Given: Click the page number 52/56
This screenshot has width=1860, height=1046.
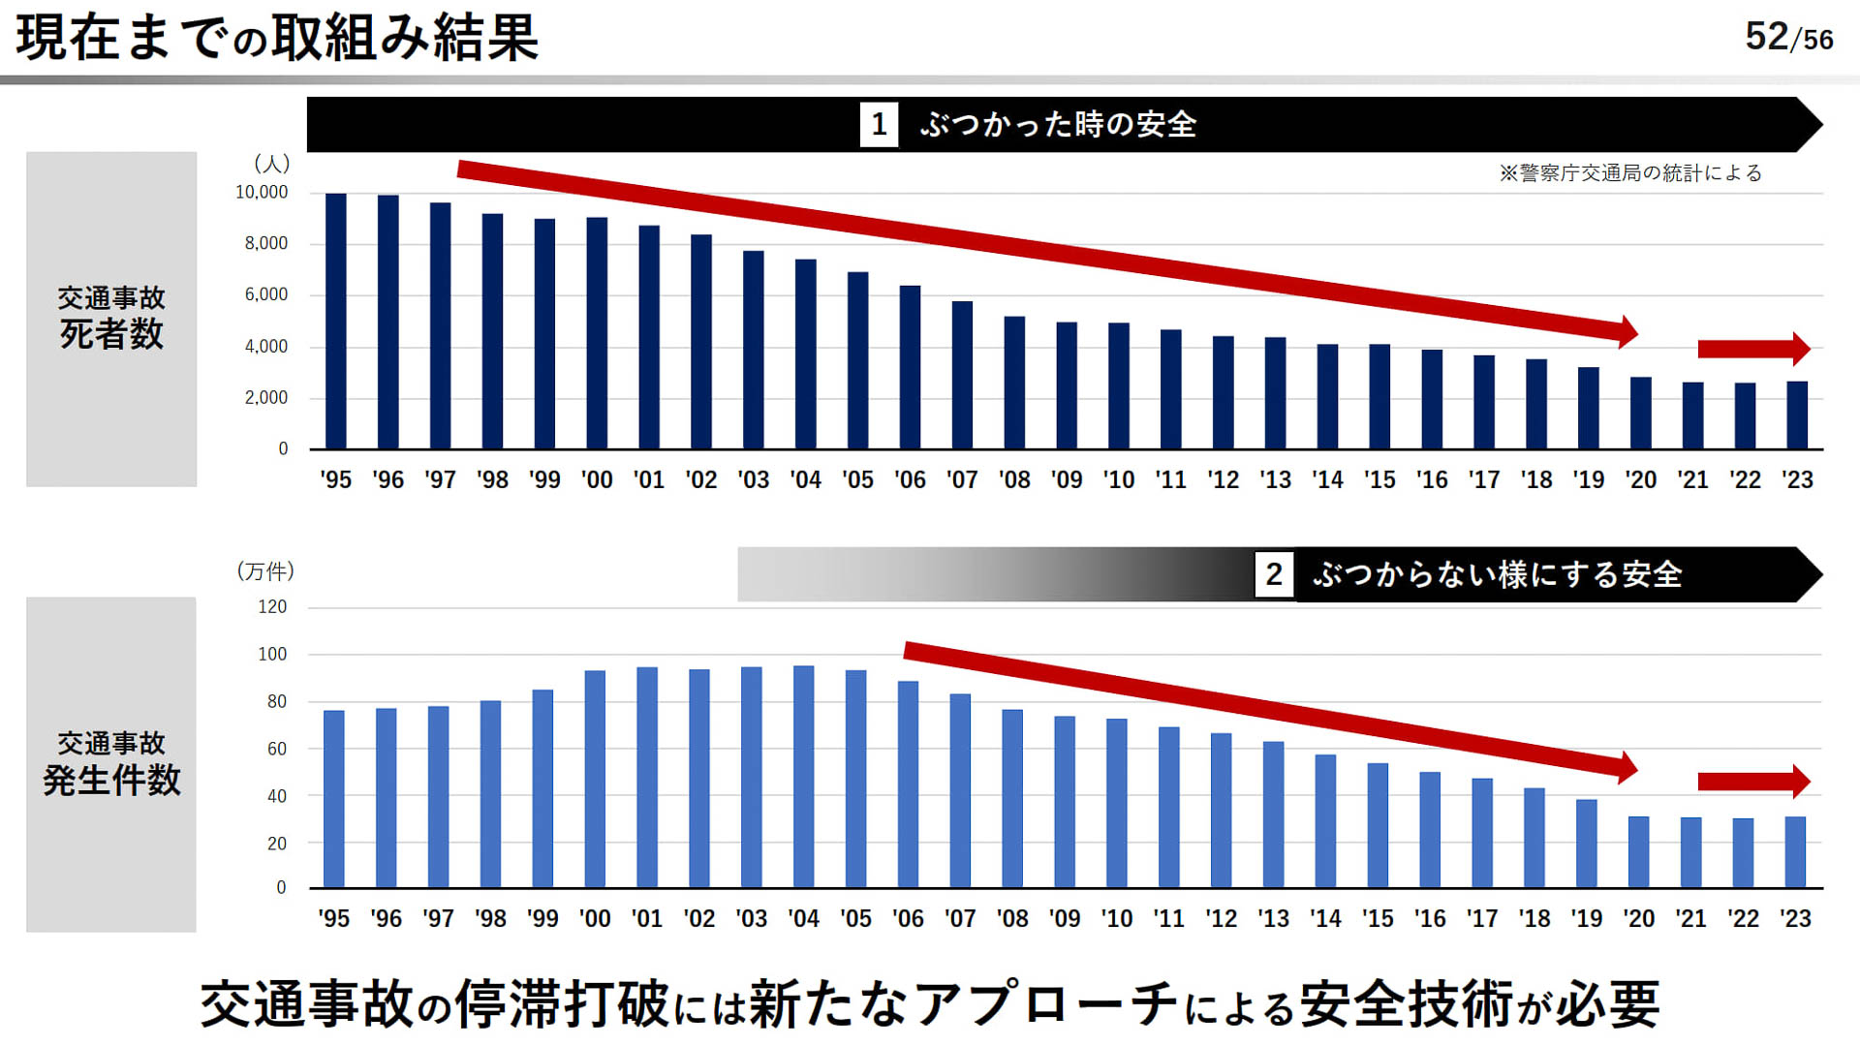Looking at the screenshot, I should (1788, 38).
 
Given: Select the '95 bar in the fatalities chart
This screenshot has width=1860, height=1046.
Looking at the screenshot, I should (336, 322).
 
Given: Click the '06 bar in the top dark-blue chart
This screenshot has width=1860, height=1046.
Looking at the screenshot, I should (910, 367).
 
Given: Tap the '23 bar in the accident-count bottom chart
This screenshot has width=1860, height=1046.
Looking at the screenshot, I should (1795, 852).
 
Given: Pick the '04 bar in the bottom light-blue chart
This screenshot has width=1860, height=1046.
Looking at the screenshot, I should (803, 777).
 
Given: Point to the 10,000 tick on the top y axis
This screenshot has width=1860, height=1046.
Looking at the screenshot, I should (262, 193).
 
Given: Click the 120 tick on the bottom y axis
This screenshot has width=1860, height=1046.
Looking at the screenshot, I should (272, 607).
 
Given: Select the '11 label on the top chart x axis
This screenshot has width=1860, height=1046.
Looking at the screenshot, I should (1170, 479).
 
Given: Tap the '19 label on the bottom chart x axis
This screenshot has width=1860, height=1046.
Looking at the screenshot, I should (1587, 918).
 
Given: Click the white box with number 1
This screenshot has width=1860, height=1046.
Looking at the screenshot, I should (879, 125).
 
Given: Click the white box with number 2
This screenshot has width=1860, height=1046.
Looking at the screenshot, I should (1274, 574).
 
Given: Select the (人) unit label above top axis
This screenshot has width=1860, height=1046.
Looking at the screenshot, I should (271, 164).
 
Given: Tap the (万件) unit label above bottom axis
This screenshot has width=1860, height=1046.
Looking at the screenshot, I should (265, 571).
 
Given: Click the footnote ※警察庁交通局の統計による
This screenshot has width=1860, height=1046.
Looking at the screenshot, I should (1630, 173).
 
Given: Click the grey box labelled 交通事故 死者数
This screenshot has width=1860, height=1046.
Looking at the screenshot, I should (111, 319).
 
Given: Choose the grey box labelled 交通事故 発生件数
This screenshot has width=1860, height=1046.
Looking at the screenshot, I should (111, 764).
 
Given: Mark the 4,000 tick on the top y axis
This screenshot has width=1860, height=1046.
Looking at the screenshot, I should (265, 347).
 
